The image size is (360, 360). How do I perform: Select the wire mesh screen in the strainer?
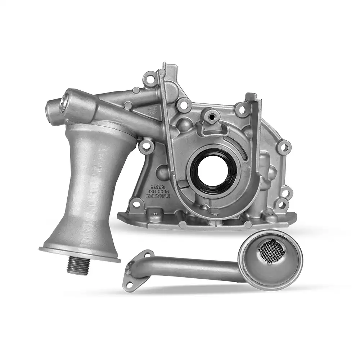[x=272, y=251]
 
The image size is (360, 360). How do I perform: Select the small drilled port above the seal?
[x=211, y=116]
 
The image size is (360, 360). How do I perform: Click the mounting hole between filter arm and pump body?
[x=146, y=145]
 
